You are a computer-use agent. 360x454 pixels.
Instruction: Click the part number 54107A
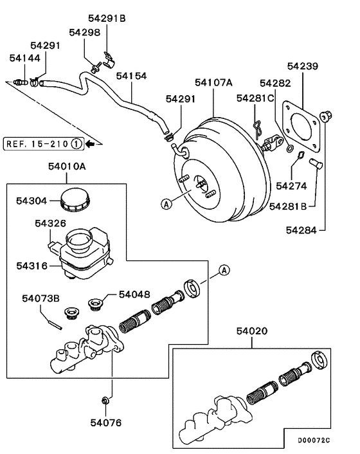tap(215, 82)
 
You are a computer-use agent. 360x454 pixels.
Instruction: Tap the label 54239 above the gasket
tap(303, 66)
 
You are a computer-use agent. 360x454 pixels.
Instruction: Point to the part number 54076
tap(106, 422)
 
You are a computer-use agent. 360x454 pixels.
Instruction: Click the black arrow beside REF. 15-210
tap(91, 143)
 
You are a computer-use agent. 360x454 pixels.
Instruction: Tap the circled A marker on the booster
tap(166, 204)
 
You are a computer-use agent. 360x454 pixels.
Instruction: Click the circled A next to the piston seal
tap(224, 270)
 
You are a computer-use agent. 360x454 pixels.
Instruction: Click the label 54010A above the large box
tap(67, 166)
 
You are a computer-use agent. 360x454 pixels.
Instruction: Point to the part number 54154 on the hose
tap(132, 76)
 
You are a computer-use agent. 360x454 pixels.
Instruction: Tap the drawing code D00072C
tap(313, 440)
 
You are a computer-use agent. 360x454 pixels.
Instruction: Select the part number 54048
tap(135, 295)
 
